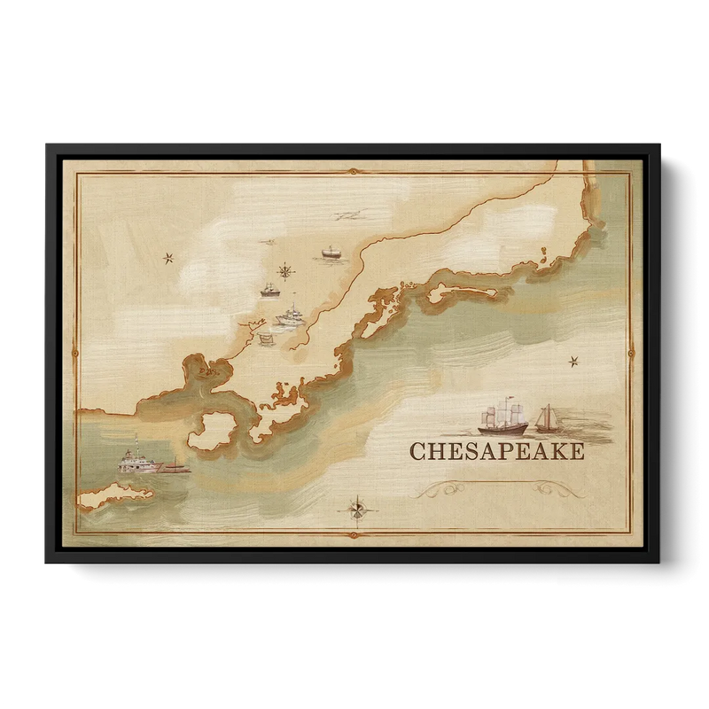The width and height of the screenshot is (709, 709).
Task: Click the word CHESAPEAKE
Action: pos(496,452)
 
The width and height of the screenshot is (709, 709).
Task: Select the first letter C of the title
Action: pos(417,452)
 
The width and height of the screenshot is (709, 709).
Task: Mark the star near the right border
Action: pos(573,360)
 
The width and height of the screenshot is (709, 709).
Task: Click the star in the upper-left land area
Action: pos(168,258)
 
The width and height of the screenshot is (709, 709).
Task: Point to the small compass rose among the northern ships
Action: pos(285,270)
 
